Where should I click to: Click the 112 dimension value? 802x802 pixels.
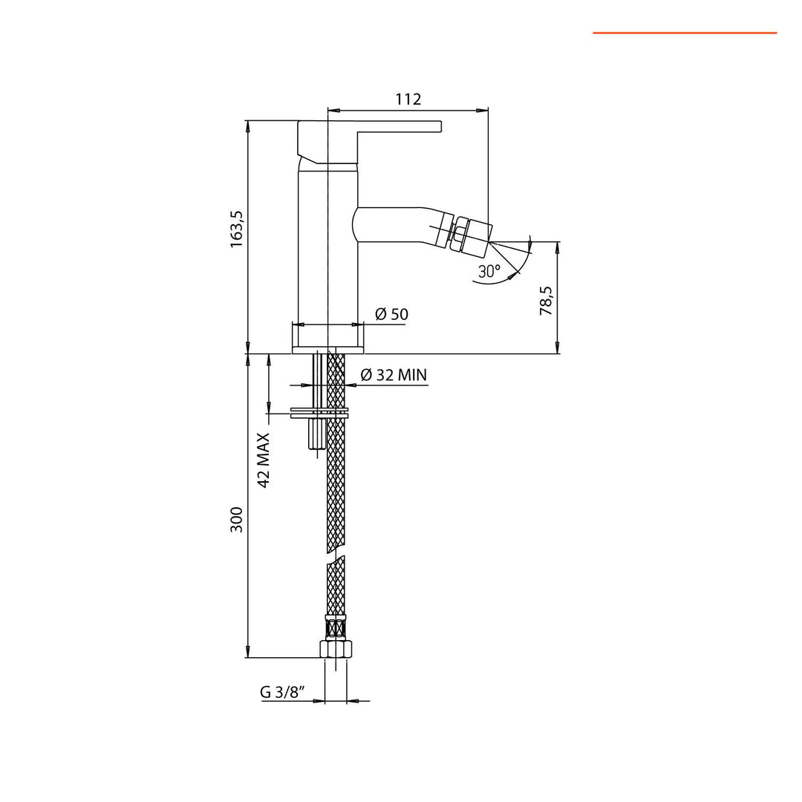coord(408,99)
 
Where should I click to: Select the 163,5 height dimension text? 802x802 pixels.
coord(236,229)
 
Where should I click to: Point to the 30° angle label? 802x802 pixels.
coord(489,272)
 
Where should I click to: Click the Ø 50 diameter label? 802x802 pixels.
coord(391,314)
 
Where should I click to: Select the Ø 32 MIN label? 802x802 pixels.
coord(394,375)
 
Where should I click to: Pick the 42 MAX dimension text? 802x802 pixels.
coord(264,460)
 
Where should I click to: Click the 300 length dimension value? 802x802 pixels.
coord(236,521)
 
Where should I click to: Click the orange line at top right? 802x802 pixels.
coord(684,33)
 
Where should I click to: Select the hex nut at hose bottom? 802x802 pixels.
coord(336,648)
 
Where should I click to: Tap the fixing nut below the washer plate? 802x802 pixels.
coord(316,434)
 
